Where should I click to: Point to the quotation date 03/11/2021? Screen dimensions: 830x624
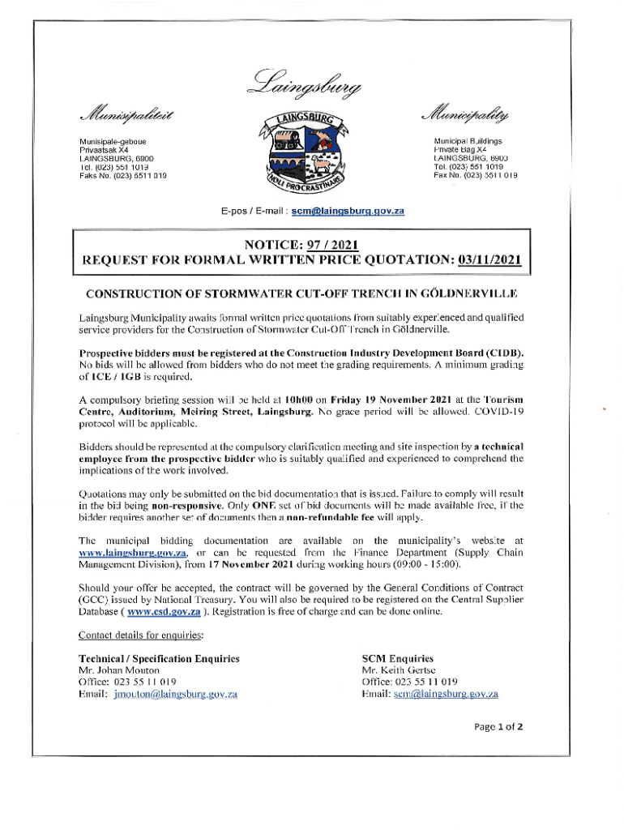(x=489, y=261)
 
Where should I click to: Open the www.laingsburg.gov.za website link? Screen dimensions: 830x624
(x=132, y=553)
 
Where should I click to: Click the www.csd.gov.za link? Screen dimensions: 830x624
(x=168, y=612)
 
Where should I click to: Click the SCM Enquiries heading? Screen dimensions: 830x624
(x=398, y=658)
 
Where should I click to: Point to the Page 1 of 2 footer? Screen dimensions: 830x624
(x=498, y=726)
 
